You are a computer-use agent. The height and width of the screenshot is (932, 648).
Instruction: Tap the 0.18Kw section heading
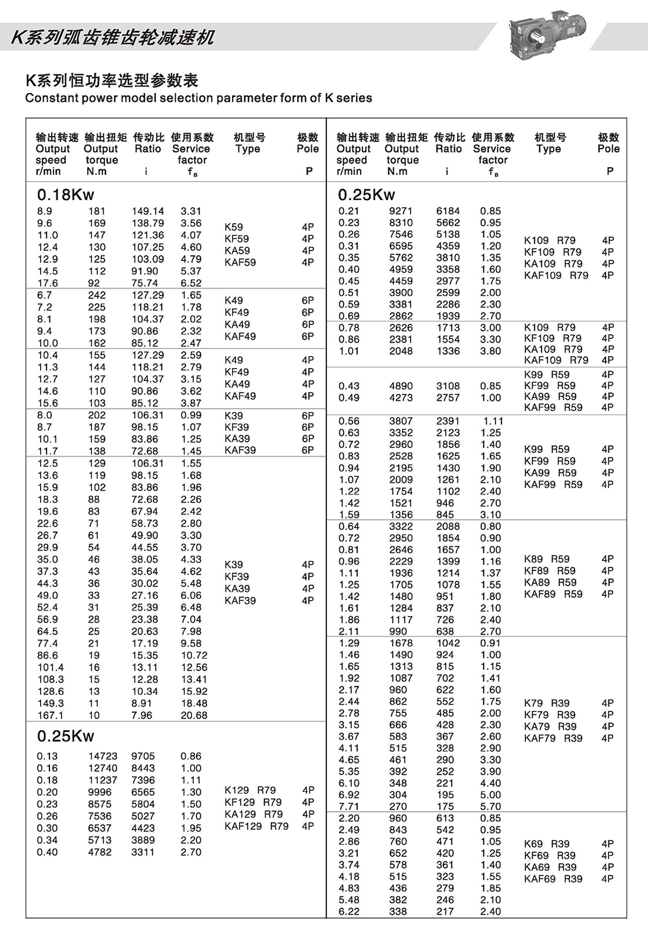pos(65,195)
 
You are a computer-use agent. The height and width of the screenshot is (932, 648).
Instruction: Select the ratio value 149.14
pos(148,211)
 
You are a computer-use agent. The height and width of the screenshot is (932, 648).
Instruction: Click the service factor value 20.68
pos(194,715)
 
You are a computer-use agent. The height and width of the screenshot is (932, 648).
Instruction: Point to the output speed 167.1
pos(50,715)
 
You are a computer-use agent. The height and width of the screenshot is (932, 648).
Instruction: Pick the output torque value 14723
pos(103,756)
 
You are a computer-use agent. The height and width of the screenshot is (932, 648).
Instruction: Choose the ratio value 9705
pos(143,756)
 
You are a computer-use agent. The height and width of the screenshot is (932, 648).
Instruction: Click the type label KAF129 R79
pos(256,826)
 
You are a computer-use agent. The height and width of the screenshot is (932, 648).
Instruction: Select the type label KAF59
pos(240,263)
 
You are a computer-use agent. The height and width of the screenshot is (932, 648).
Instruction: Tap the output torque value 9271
pos(401,211)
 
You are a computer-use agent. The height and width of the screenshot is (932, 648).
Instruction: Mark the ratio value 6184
pos(448,211)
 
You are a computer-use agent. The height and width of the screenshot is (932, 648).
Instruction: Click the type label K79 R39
pos(546,703)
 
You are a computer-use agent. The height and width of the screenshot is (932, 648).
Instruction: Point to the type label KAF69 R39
pos(553,879)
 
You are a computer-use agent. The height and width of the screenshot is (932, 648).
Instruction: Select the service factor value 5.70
pos(490,807)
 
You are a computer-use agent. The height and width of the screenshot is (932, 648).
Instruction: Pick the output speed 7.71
pos(349,807)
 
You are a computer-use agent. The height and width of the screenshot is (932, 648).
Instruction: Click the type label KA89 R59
pos(550,582)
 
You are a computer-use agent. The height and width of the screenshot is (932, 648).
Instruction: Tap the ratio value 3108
pos(448,386)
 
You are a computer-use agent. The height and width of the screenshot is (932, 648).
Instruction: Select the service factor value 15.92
pos(194,691)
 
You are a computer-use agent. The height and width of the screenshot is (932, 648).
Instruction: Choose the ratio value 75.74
pos(144,283)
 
